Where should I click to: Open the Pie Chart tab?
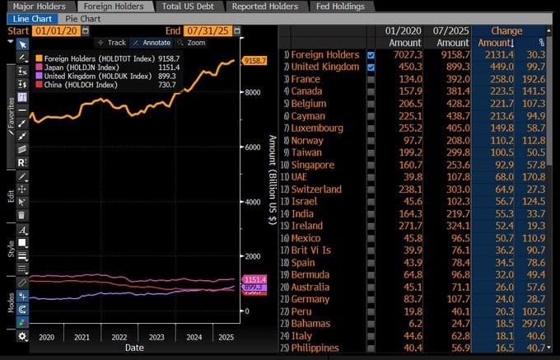pyautogui.click(x=83, y=17)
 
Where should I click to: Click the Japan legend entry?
pyautogui.click(x=82, y=68)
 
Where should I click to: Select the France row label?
pyautogui.click(x=307, y=79)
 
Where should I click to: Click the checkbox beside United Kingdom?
pyautogui.click(x=371, y=67)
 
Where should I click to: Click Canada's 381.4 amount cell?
pyautogui.click(x=453, y=91)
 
